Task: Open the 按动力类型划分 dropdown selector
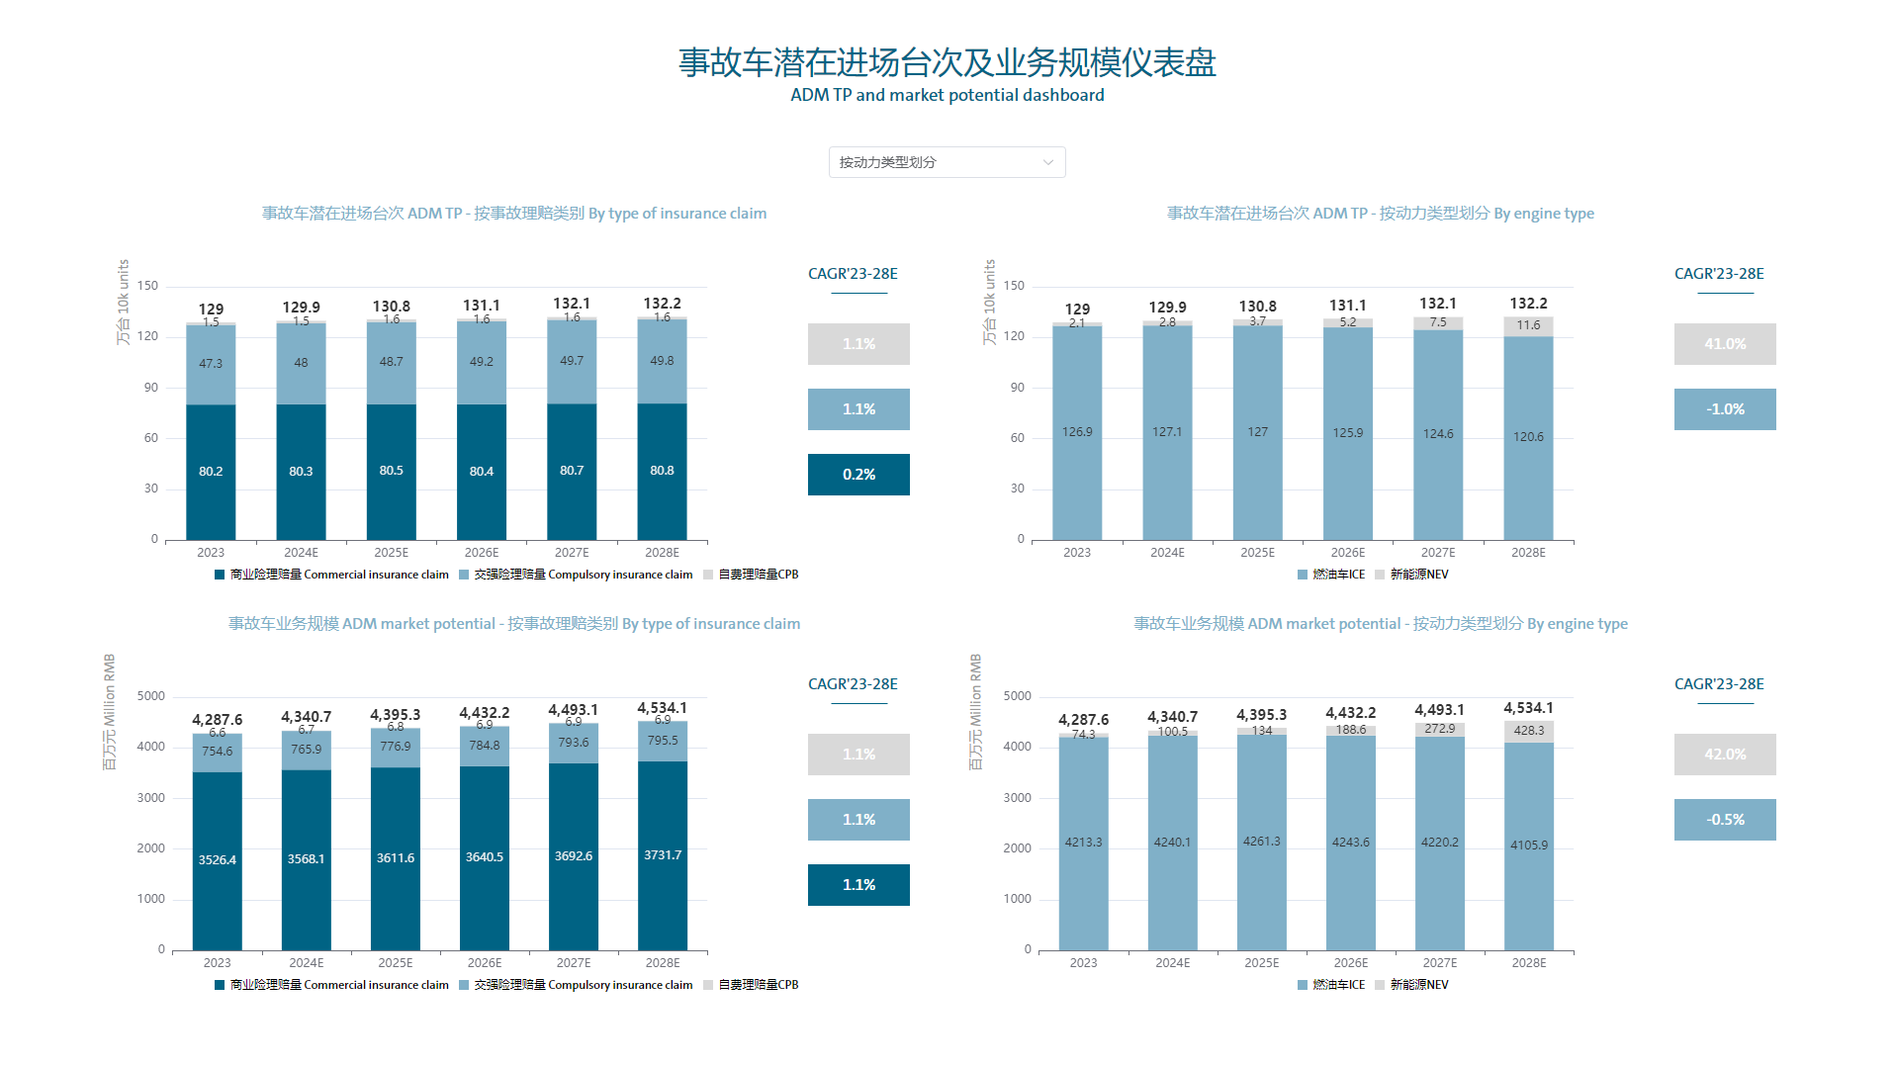click(x=947, y=162)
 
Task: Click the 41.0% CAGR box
click(x=1724, y=344)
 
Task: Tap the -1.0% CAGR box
click(x=1724, y=409)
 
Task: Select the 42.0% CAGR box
click(x=1724, y=755)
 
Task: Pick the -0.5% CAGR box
click(x=1724, y=820)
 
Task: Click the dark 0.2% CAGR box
click(x=858, y=475)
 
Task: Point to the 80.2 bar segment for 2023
click(x=211, y=472)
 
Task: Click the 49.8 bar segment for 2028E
click(x=662, y=361)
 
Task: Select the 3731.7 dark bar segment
click(x=663, y=855)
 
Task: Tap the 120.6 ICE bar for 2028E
click(x=1528, y=437)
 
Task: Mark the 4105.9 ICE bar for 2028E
click(x=1529, y=845)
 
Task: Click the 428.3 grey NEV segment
click(x=1529, y=731)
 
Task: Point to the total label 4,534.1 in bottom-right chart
click(x=1528, y=708)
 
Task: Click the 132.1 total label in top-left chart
click(x=572, y=304)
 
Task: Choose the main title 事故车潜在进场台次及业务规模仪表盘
click(x=947, y=62)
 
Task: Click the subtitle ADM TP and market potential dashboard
click(x=947, y=95)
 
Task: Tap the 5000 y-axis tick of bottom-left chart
click(x=151, y=696)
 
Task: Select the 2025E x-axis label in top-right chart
click(x=1257, y=553)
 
